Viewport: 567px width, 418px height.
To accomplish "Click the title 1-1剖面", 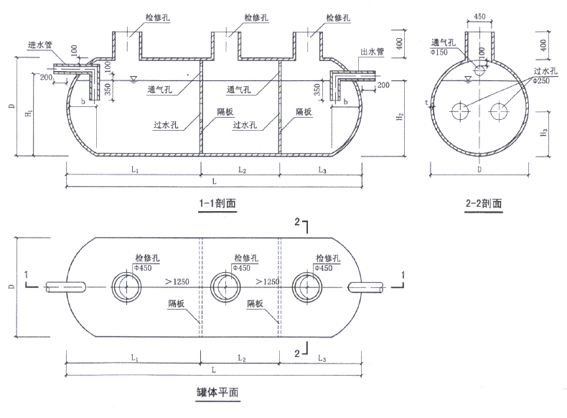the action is [217, 203].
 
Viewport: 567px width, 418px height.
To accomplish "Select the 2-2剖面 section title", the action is [484, 203].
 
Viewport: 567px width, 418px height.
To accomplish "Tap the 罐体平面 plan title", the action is [217, 392].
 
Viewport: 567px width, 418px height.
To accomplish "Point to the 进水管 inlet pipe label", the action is [40, 45].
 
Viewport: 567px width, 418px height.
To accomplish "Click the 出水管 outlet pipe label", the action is [372, 52].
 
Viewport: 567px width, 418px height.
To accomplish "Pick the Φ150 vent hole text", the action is [439, 52].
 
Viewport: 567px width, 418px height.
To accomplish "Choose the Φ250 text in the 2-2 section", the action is [541, 80].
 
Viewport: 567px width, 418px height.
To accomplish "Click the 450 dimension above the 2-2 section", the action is [479, 17].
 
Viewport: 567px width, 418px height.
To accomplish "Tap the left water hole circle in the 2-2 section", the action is [460, 111].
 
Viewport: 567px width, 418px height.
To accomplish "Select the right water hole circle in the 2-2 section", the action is [498, 111].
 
